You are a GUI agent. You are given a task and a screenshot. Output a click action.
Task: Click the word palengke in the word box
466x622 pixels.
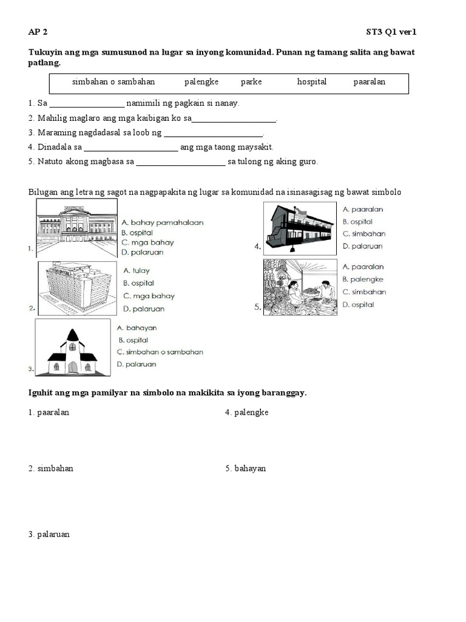point(201,81)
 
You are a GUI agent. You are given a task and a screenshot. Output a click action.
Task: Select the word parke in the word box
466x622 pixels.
point(251,81)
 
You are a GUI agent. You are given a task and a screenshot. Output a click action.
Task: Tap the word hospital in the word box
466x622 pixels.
point(312,81)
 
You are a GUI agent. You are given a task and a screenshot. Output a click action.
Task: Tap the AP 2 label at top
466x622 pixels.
point(38,32)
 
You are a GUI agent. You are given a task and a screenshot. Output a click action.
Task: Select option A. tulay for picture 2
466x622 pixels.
point(137,270)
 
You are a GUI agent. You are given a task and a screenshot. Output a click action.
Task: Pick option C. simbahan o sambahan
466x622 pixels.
point(160,352)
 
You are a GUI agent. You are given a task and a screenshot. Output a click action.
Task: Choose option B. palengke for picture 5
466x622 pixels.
point(363,279)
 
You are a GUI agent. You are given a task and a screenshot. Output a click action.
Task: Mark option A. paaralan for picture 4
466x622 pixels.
point(363,210)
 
